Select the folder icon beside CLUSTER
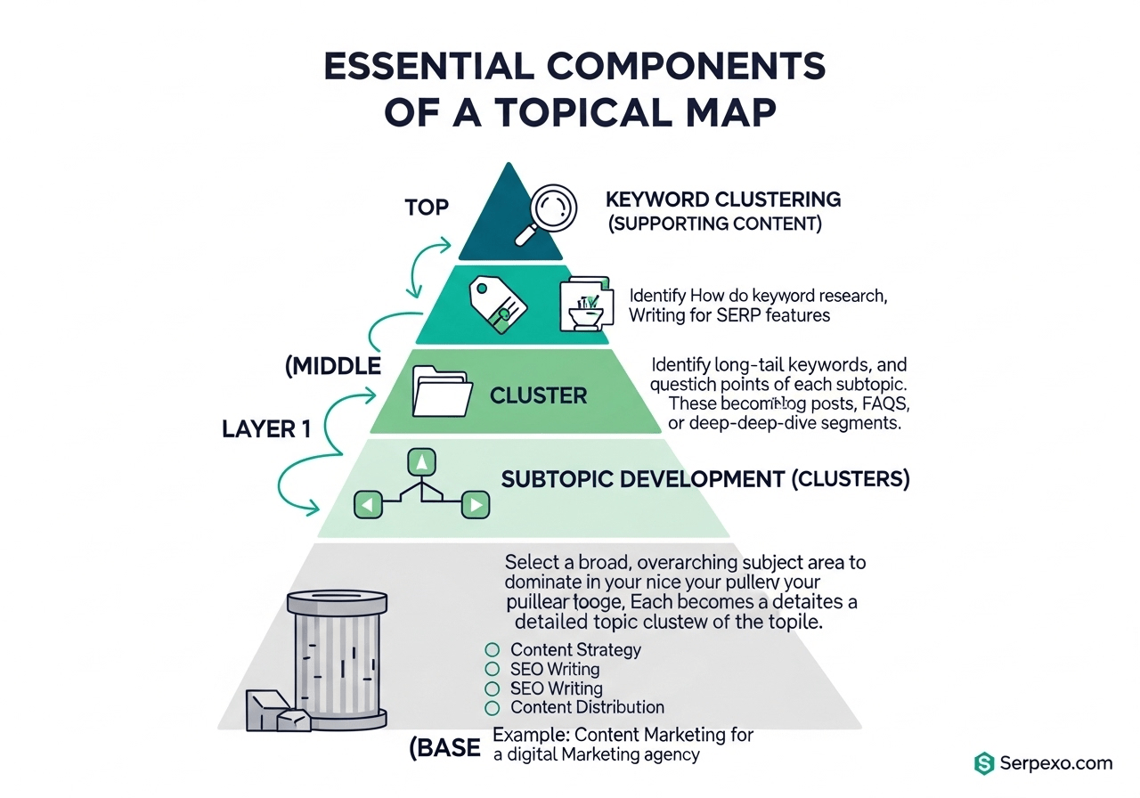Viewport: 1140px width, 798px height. coord(441,391)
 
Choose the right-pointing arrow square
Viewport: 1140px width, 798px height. coord(476,505)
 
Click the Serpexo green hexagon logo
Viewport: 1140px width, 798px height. coord(983,763)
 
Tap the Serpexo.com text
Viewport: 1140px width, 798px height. coord(1054,763)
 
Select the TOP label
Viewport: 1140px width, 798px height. coord(427,208)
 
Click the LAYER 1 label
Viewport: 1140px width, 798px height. coord(266,429)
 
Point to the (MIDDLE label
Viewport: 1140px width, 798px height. coord(333,366)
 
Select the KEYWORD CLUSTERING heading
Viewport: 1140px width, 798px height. coord(723,199)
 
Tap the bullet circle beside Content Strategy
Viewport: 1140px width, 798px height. coord(492,650)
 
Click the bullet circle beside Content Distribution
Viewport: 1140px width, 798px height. coord(492,708)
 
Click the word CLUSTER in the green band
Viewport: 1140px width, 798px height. coord(539,395)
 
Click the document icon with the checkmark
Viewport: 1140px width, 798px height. coord(585,305)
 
